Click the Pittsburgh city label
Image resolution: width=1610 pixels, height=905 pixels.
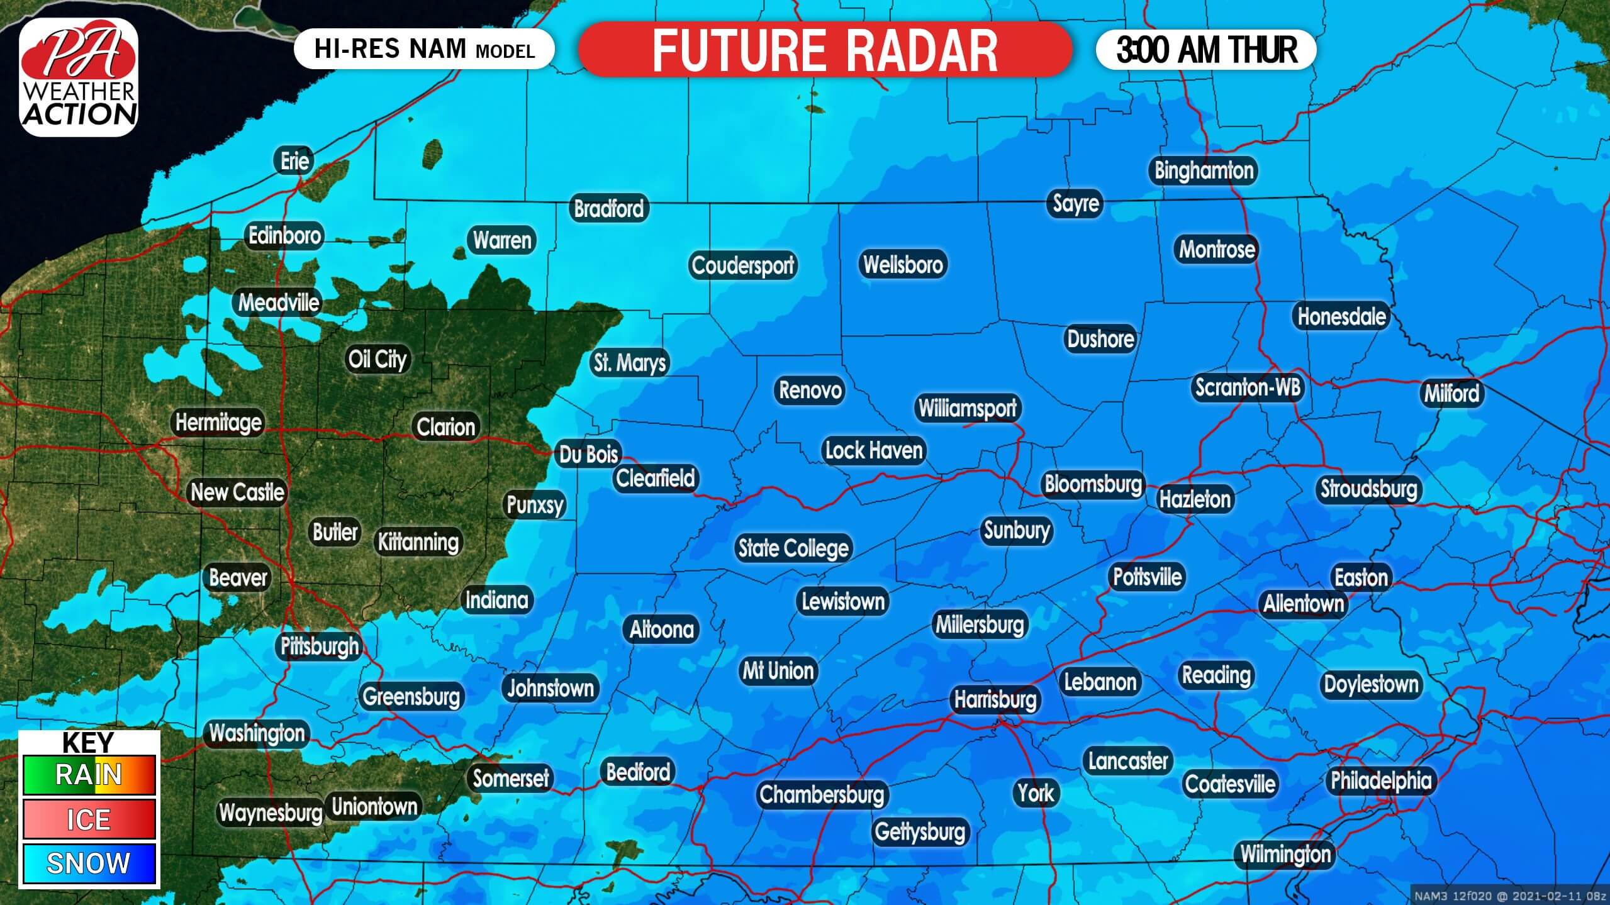(x=320, y=646)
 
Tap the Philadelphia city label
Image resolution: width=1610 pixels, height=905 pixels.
(x=1380, y=780)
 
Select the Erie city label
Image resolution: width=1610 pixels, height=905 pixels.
(x=294, y=161)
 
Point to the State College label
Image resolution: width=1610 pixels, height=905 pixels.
(x=793, y=548)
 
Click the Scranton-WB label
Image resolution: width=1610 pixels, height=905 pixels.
(x=1247, y=387)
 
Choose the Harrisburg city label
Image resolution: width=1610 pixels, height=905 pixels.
(x=995, y=699)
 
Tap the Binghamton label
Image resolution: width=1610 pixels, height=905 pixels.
(x=1204, y=170)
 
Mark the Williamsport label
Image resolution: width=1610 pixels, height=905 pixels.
(x=967, y=408)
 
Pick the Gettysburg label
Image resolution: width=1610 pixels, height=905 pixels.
(x=919, y=832)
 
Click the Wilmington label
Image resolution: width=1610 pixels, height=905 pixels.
(x=1285, y=854)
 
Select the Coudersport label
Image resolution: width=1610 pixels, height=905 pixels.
(x=742, y=265)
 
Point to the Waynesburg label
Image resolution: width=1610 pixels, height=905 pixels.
(x=271, y=813)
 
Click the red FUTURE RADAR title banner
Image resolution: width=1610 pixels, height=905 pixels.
(x=824, y=50)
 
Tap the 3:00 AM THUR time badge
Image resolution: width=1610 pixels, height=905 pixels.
(x=1206, y=50)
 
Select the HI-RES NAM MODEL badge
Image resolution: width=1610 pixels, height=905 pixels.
(x=423, y=49)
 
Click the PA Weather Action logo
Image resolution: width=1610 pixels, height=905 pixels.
(x=79, y=77)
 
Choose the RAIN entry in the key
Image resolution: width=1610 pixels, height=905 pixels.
(x=89, y=775)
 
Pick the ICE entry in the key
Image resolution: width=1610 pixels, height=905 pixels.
(x=89, y=819)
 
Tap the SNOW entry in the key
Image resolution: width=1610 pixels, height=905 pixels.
(x=89, y=863)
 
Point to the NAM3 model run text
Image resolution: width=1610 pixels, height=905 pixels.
(x=1509, y=896)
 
